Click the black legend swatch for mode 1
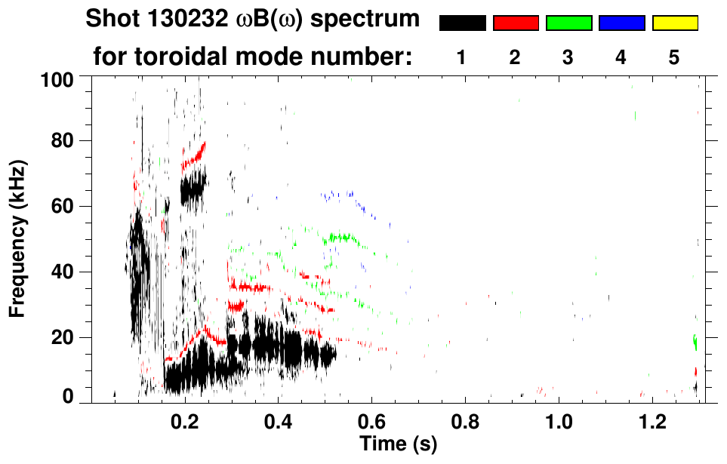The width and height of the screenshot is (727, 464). click(x=462, y=23)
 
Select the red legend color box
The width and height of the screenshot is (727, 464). click(x=516, y=23)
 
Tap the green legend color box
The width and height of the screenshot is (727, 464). click(x=568, y=23)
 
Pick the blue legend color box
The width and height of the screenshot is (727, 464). click(x=621, y=23)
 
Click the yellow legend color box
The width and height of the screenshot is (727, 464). click(x=674, y=23)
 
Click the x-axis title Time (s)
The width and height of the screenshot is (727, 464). click(x=397, y=444)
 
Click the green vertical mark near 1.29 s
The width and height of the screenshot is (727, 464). click(x=695, y=343)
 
